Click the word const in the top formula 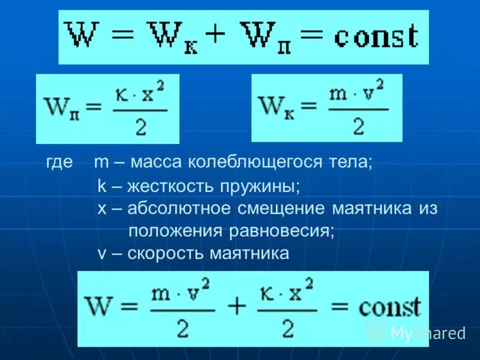[376, 37]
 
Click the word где [59, 163]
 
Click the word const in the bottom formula [389, 308]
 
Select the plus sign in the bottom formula [237, 307]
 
